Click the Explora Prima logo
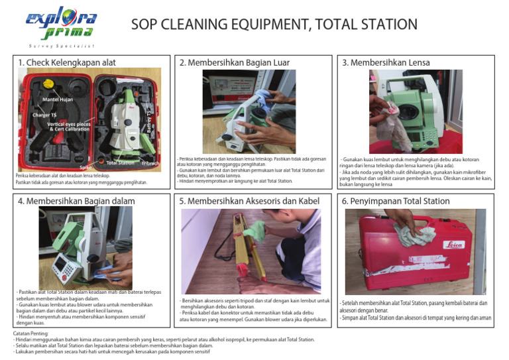pyautogui.click(x=61, y=25)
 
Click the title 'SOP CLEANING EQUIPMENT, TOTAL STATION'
pyautogui.click(x=274, y=25)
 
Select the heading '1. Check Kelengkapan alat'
pyautogui.click(x=67, y=62)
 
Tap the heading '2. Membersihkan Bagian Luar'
pyautogui.click(x=235, y=62)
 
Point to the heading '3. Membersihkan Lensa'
pyautogui.click(x=386, y=62)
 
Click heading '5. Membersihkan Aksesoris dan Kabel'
pyautogui.click(x=250, y=201)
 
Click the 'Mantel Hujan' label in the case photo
pyautogui.click(x=58, y=99)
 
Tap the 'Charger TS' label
pyautogui.click(x=44, y=115)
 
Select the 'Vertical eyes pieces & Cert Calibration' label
pyautogui.click(x=68, y=127)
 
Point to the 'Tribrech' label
pyautogui.click(x=150, y=163)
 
